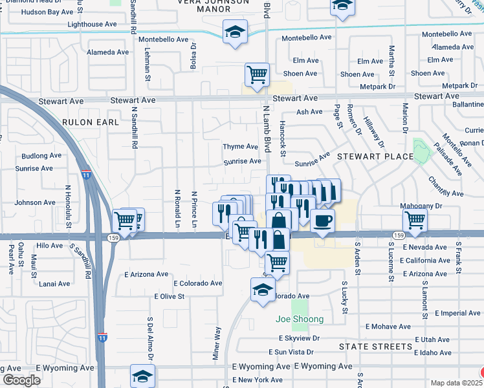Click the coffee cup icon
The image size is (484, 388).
322,221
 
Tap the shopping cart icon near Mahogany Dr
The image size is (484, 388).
414,221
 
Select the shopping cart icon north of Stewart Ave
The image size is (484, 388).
257,74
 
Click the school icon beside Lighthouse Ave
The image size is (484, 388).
235,32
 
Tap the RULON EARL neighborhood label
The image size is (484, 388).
91,122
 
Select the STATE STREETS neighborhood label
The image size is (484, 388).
375,347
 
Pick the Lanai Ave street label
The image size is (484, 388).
54,284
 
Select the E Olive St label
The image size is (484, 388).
170,297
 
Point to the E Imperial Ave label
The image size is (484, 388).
457,313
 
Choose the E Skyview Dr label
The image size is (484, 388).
299,338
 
